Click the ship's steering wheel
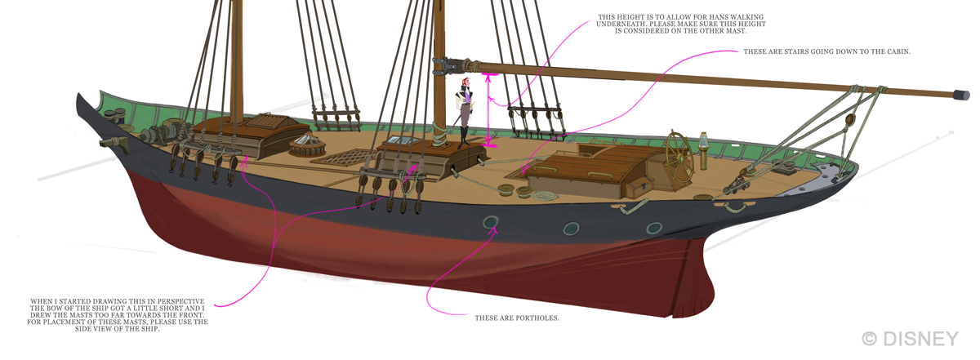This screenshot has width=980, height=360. point(677,151)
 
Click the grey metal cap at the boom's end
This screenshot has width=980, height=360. point(963,96)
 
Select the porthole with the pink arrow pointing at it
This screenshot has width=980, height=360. point(491,223)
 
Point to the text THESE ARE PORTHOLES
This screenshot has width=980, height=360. point(517,317)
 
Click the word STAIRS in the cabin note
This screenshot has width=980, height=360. point(808,51)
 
